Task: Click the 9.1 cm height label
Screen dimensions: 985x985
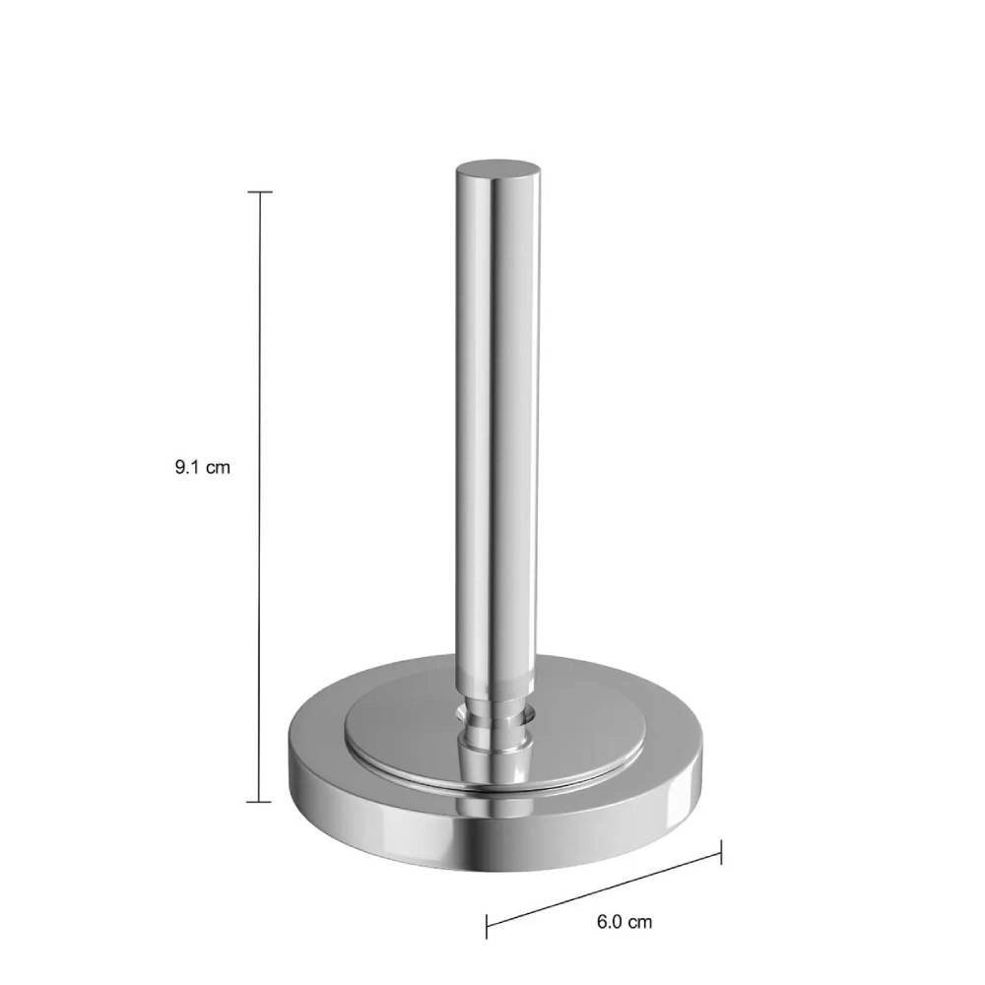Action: click(202, 468)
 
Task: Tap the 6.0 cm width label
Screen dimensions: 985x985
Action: click(624, 922)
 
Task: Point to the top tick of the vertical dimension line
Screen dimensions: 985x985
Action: click(260, 192)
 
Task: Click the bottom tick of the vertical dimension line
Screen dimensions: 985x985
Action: click(260, 802)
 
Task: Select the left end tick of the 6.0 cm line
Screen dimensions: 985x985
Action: click(487, 927)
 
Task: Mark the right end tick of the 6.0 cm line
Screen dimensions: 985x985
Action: click(721, 852)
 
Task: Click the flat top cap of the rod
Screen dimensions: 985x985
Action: click(498, 168)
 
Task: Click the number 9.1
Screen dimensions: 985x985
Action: click(188, 468)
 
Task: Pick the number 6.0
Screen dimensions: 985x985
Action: click(610, 922)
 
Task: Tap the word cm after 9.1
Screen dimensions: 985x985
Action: click(218, 468)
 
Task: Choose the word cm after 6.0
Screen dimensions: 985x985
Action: click(640, 922)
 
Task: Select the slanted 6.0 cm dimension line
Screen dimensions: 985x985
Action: click(604, 889)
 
